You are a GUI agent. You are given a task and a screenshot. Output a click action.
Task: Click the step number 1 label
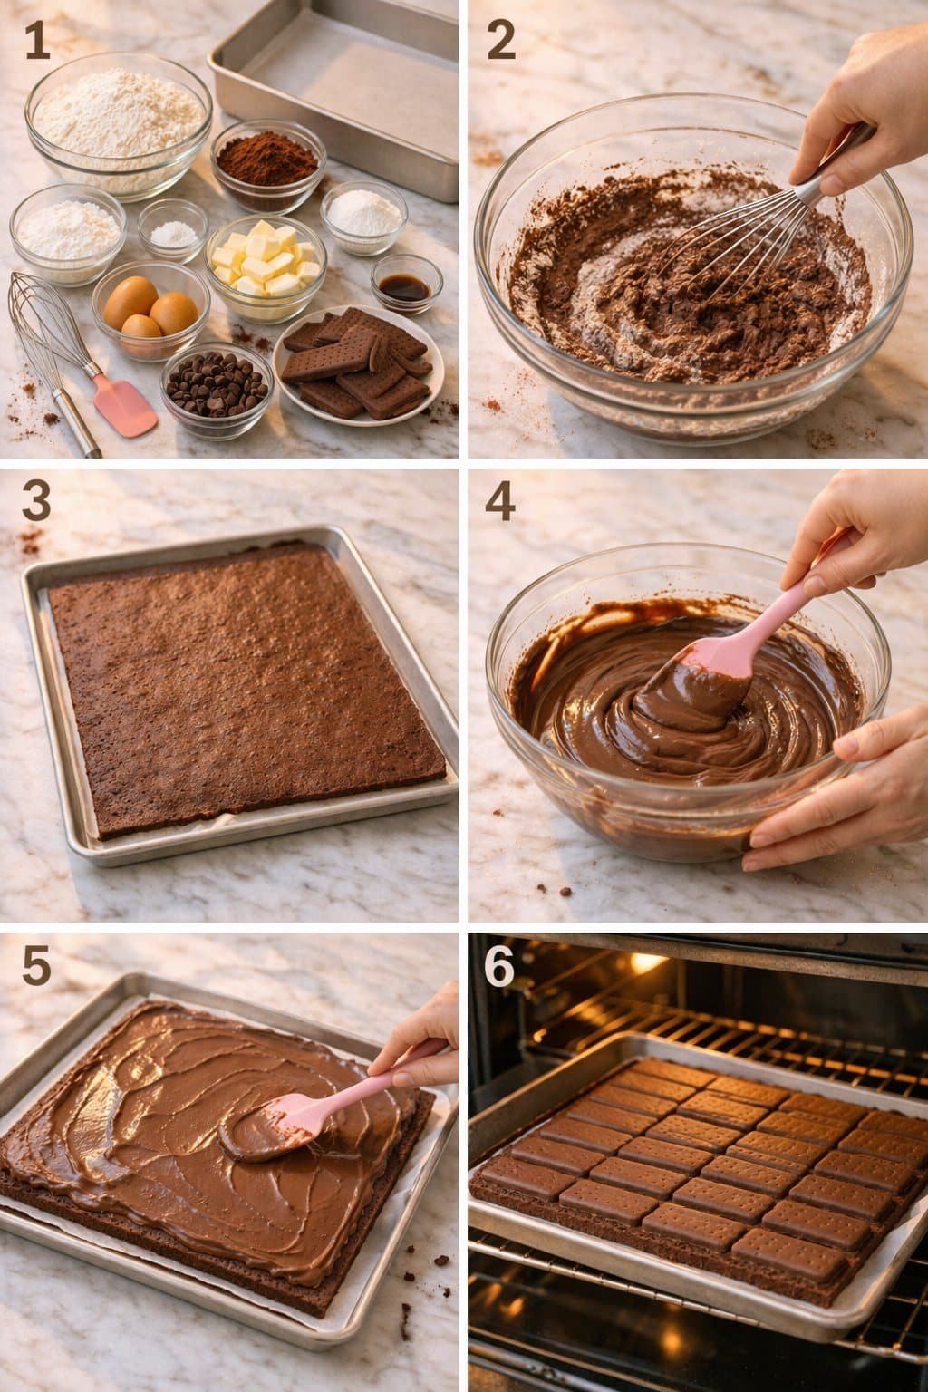click(x=37, y=42)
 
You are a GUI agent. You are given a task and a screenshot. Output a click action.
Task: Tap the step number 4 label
click(x=500, y=500)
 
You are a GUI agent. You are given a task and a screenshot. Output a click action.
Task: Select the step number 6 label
click(x=499, y=967)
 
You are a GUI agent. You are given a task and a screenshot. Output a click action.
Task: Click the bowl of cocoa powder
click(x=268, y=163)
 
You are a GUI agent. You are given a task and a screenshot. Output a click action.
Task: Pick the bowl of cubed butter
click(x=266, y=263)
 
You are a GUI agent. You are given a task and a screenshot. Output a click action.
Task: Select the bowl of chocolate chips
click(x=217, y=385)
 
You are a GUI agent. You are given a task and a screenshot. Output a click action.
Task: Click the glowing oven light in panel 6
click(x=645, y=962)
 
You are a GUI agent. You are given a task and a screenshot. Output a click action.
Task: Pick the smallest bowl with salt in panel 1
click(x=172, y=233)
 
